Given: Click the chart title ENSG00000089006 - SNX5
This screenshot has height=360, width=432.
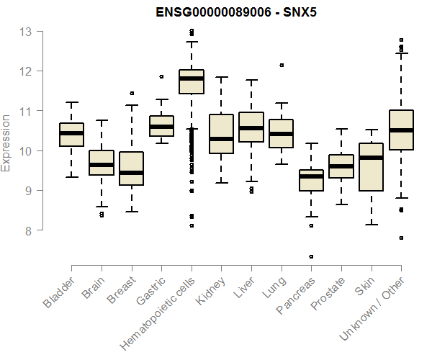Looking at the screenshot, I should pyautogui.click(x=237, y=12).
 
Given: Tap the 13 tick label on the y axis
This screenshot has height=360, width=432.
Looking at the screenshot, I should pyautogui.click(x=26, y=32).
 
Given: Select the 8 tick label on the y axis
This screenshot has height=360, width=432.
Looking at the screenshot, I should pyautogui.click(x=29, y=230).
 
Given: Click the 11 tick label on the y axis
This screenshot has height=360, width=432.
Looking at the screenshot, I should pyautogui.click(x=26, y=111).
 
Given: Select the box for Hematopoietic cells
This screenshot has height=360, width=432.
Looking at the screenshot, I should pyautogui.click(x=192, y=81).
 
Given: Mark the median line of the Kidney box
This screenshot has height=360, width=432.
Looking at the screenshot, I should pyautogui.click(x=221, y=138).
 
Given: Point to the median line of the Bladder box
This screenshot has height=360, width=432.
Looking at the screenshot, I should pyautogui.click(x=71, y=133).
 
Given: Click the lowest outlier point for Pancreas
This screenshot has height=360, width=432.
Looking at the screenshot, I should pyautogui.click(x=311, y=256).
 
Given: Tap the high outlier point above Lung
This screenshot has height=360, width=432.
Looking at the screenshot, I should pyautogui.click(x=282, y=65).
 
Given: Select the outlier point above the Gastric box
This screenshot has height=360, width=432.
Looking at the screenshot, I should pyautogui.click(x=161, y=76).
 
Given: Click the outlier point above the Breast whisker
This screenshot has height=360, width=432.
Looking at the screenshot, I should pyautogui.click(x=131, y=93).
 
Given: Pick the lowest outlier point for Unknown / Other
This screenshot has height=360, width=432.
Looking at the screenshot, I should pyautogui.click(x=401, y=238).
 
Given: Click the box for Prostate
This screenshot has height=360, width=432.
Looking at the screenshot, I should pyautogui.click(x=341, y=166).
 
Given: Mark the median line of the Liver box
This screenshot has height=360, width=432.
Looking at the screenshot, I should pyautogui.click(x=251, y=128).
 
